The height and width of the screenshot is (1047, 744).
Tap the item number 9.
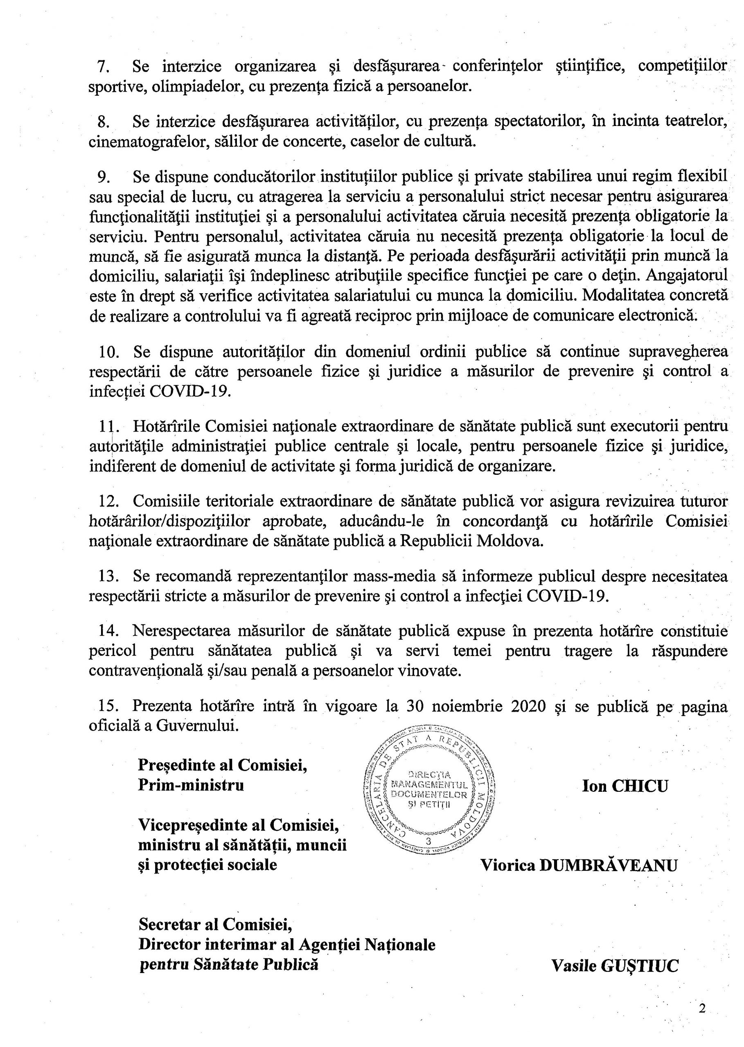tap(104, 177)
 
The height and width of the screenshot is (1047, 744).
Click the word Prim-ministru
tap(191, 785)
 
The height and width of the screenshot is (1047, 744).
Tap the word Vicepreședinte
tap(201, 825)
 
